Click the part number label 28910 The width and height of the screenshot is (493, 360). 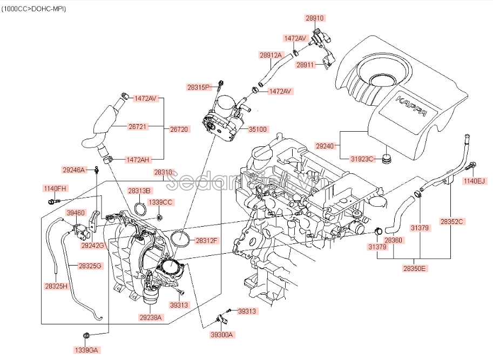pyautogui.click(x=315, y=18)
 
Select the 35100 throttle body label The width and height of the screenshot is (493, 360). pyautogui.click(x=258, y=129)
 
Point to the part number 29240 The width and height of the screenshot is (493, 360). pyautogui.click(x=325, y=146)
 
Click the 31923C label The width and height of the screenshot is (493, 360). pyautogui.click(x=362, y=159)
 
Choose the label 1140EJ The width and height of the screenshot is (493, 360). pyautogui.click(x=475, y=181)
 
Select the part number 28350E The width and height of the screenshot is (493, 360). pyautogui.click(x=414, y=268)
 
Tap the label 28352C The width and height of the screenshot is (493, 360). pyautogui.click(x=452, y=221)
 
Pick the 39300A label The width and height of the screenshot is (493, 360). pyautogui.click(x=222, y=335)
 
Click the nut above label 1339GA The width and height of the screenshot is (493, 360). pyautogui.click(x=87, y=336)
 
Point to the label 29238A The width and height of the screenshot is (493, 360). pyautogui.click(x=151, y=317)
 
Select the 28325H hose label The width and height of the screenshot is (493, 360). pyautogui.click(x=56, y=286)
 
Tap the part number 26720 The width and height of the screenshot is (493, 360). pyautogui.click(x=179, y=129)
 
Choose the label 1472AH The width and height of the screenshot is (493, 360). pyautogui.click(x=138, y=160)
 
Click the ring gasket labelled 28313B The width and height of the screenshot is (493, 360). pyautogui.click(x=140, y=209)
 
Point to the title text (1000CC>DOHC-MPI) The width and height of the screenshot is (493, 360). pyautogui.click(x=34, y=9)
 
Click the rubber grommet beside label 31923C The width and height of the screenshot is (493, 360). pyautogui.click(x=387, y=159)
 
